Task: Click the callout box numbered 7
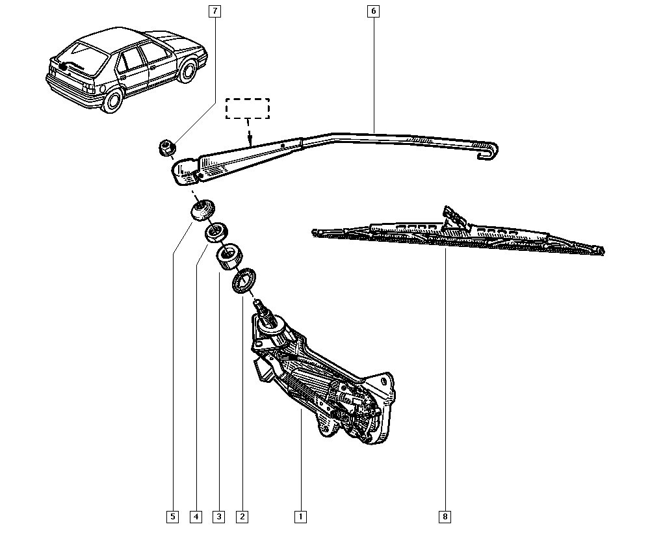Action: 215,11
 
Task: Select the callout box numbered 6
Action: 372,11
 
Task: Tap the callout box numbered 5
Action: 172,517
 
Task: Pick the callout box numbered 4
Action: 196,517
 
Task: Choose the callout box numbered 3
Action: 219,517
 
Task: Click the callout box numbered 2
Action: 242,517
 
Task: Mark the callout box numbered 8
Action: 445,517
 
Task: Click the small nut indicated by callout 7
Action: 166,148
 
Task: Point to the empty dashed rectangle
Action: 247,109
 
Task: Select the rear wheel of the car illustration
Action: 112,100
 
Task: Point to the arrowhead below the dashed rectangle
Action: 248,139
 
